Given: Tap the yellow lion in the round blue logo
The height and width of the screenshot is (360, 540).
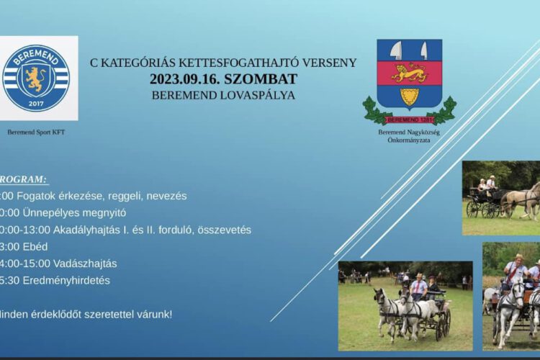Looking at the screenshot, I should point(36,78).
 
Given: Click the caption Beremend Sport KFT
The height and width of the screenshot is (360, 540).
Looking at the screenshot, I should point(36,132).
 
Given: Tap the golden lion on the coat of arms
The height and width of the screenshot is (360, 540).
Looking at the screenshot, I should point(409,73).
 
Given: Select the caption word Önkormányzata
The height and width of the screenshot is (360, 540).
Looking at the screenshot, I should point(409,140).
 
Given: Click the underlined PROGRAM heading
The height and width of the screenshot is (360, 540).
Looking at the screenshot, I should point(23,179).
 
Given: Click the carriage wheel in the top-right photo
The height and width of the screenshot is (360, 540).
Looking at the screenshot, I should point(474,209).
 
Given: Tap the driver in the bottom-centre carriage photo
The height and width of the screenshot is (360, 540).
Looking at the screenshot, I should point(418,285).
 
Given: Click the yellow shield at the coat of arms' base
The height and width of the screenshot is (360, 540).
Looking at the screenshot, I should point(409,96).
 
